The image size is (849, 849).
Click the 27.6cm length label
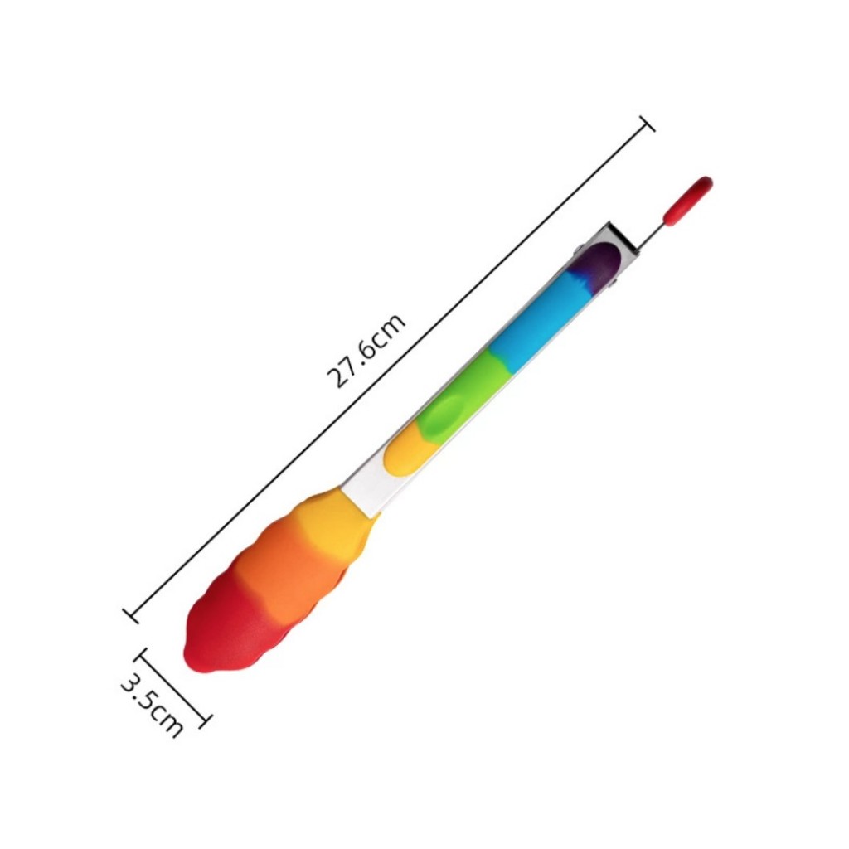(x=366, y=351)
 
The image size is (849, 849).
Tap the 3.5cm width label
(x=151, y=705)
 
